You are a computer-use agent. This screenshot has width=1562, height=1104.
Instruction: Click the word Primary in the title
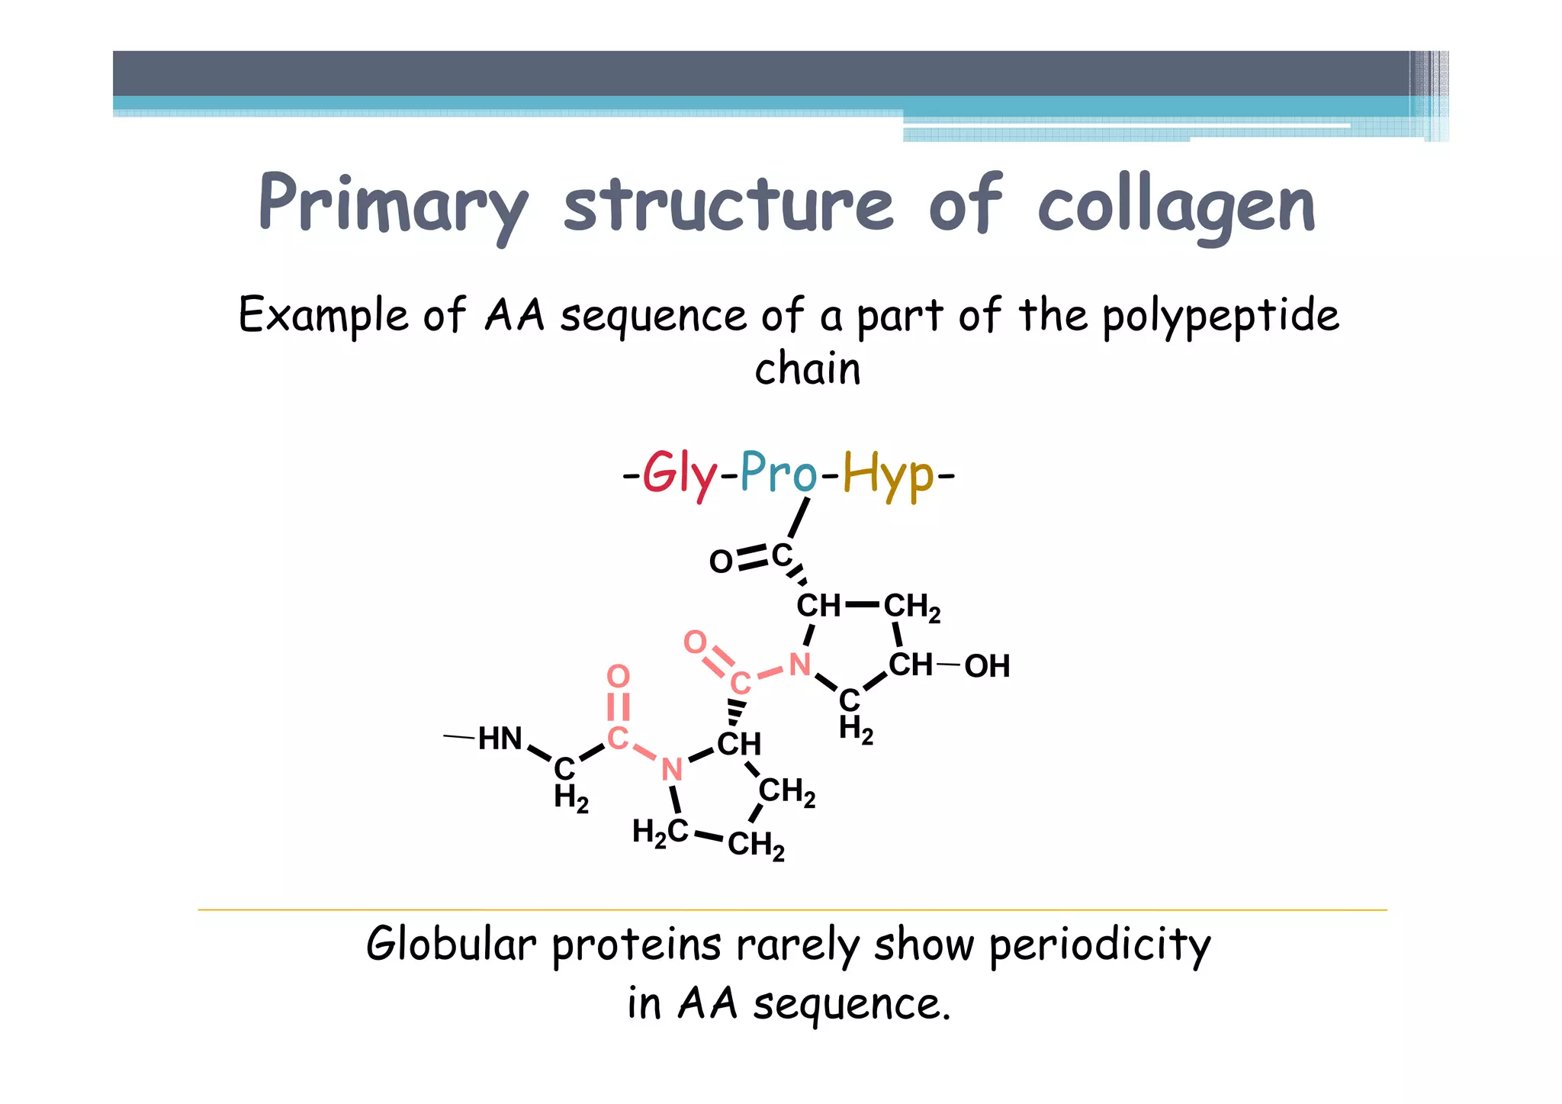[393, 204]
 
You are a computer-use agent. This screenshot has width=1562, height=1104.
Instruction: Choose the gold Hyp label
[888, 475]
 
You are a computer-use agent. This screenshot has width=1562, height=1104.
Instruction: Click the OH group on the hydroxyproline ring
[987, 666]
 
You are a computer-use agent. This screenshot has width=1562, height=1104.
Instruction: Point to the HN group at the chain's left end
[500, 739]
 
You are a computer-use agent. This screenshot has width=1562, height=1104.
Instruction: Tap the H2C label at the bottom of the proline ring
[660, 832]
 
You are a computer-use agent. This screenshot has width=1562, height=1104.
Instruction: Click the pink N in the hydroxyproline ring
[799, 665]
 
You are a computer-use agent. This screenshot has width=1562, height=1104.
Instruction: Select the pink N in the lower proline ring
[671, 770]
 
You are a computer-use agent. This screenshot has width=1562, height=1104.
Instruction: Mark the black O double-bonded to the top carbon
[721, 562]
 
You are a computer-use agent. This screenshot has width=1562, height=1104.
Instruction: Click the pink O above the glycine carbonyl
[619, 676]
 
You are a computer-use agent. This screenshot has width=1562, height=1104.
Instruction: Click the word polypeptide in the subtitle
[1220, 316]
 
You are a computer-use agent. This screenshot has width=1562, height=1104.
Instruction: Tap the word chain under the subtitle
[808, 369]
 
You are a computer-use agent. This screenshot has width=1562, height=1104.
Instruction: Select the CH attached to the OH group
[910, 665]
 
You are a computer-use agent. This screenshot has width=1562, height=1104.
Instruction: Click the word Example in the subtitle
[323, 314]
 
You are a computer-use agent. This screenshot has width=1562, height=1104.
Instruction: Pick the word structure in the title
[728, 204]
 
